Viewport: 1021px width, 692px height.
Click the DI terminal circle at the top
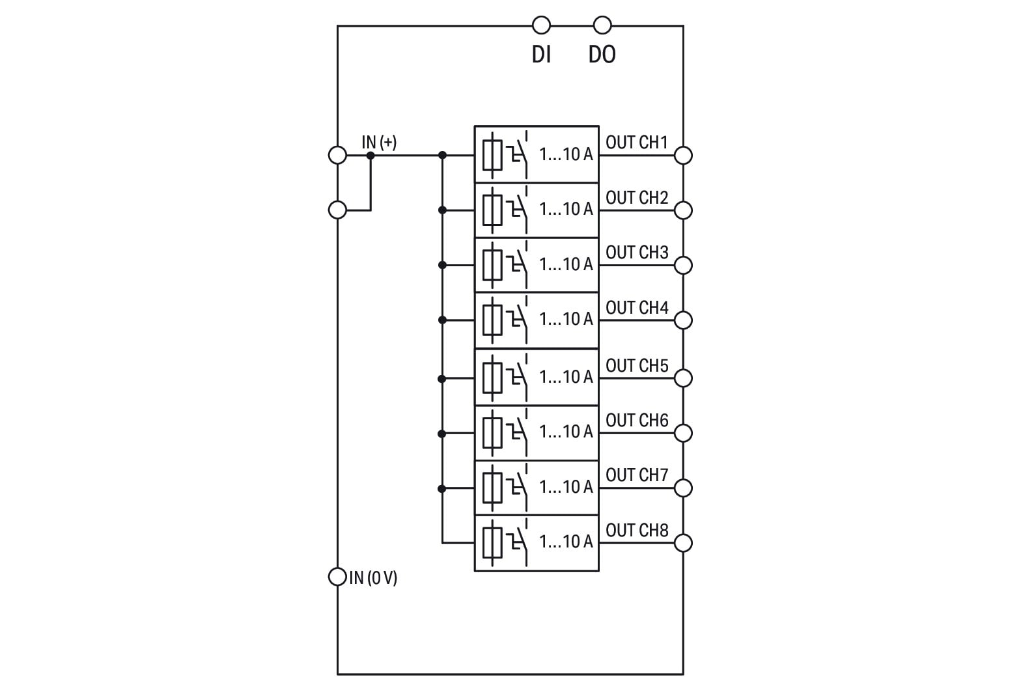[541, 25]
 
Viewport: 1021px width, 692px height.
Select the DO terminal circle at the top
[602, 25]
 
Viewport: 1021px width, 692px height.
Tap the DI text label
[541, 55]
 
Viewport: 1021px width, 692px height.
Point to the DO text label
[602, 55]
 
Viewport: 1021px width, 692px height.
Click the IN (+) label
[379, 142]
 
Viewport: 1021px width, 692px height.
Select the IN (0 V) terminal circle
[337, 577]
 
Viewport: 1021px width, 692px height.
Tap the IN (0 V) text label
[373, 577]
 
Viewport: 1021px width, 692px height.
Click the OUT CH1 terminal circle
[683, 155]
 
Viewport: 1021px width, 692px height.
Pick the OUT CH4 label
[637, 307]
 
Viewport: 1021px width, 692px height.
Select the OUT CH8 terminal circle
[683, 542]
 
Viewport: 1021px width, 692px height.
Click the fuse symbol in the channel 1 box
[492, 155]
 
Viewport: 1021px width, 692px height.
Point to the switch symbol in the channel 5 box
[519, 376]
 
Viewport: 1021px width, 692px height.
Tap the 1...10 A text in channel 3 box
[566, 264]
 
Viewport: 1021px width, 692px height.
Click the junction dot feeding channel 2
[442, 210]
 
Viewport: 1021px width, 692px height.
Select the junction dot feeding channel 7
[442, 488]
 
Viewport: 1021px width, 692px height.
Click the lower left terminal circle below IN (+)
[337, 210]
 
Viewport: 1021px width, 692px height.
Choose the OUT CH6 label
[637, 421]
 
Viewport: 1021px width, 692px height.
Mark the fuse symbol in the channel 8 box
[492, 542]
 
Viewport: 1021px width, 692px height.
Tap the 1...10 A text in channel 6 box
[566, 432]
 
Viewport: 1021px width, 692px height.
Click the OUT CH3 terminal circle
[683, 265]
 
